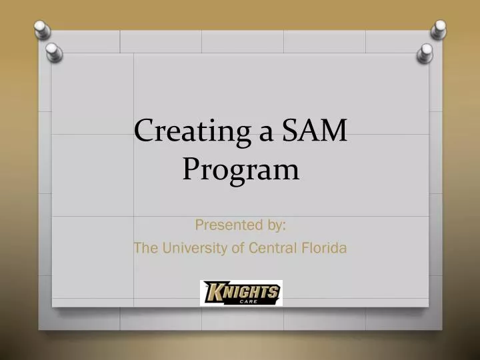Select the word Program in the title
pyautogui.click(x=240, y=170)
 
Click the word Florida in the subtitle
pyautogui.click(x=323, y=249)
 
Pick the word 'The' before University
pyautogui.click(x=144, y=249)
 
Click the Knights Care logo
pyautogui.click(x=241, y=293)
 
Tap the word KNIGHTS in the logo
pyautogui.click(x=241, y=291)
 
